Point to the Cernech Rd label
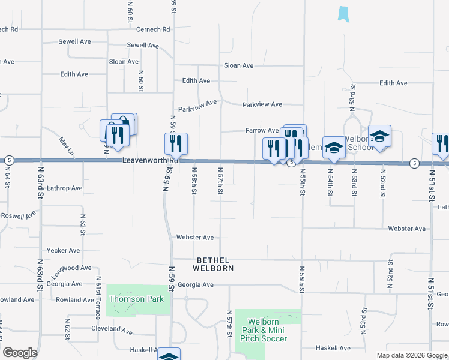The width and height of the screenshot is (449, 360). (153, 29)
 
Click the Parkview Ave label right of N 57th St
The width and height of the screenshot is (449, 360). (262, 104)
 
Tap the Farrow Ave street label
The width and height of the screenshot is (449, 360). (262, 130)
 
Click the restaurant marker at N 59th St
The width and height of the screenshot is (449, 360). (176, 143)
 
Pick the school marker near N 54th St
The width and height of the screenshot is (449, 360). (334, 147)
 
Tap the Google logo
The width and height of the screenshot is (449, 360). (20, 353)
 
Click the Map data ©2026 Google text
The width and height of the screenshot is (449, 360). (412, 355)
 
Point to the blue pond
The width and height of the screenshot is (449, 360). (343, 14)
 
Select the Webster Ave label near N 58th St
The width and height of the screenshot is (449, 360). (194, 238)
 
